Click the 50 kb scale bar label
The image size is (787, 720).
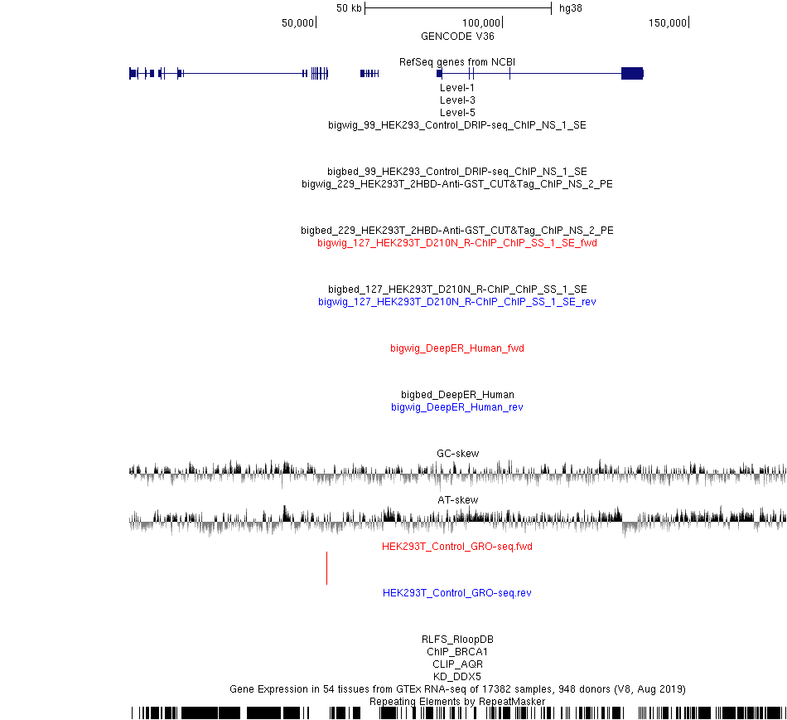[349, 8]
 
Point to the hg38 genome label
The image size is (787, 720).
[571, 8]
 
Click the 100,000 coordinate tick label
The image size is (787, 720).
[480, 22]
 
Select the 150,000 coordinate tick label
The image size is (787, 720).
[668, 22]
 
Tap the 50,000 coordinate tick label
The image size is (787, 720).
[297, 22]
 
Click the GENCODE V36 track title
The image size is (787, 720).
[457, 36]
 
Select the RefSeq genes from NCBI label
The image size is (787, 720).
[457, 62]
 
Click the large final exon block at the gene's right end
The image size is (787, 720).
[632, 73]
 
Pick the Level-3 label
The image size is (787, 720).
[457, 100]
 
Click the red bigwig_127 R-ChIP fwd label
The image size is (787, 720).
[457, 243]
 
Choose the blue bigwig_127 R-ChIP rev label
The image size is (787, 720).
[457, 301]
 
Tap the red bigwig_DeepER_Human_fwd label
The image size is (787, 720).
[457, 348]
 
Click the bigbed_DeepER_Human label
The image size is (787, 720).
[457, 394]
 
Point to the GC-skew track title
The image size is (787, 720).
[458, 453]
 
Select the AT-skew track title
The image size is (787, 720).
[458, 499]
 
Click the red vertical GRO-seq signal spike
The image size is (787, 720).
[326, 567]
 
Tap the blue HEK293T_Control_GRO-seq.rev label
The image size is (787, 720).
[457, 593]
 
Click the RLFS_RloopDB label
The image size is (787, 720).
[457, 639]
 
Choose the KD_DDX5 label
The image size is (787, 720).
[457, 676]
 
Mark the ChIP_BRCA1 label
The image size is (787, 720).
[457, 652]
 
